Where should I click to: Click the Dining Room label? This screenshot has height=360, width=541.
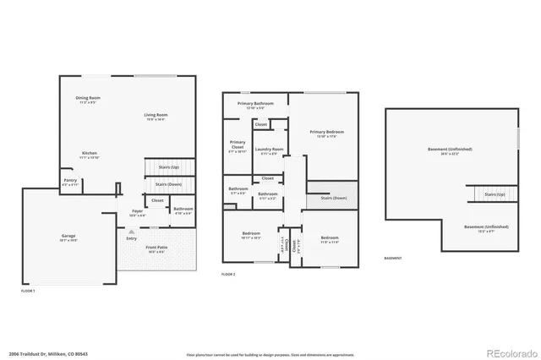click(x=88, y=99)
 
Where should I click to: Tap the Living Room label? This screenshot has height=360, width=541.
click(x=155, y=115)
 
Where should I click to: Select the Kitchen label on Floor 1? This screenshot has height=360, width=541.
click(x=89, y=154)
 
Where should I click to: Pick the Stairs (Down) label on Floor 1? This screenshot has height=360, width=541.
click(x=168, y=184)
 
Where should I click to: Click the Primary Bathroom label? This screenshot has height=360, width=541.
click(x=255, y=104)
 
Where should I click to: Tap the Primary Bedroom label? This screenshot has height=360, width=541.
click(x=326, y=133)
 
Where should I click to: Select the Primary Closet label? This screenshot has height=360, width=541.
click(x=238, y=146)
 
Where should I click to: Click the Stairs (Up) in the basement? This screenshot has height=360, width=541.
click(x=495, y=195)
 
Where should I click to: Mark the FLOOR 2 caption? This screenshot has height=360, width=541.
click(x=228, y=275)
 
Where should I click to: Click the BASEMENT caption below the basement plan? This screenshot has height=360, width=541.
click(x=393, y=259)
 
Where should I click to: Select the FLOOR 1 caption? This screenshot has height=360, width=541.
click(x=28, y=291)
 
